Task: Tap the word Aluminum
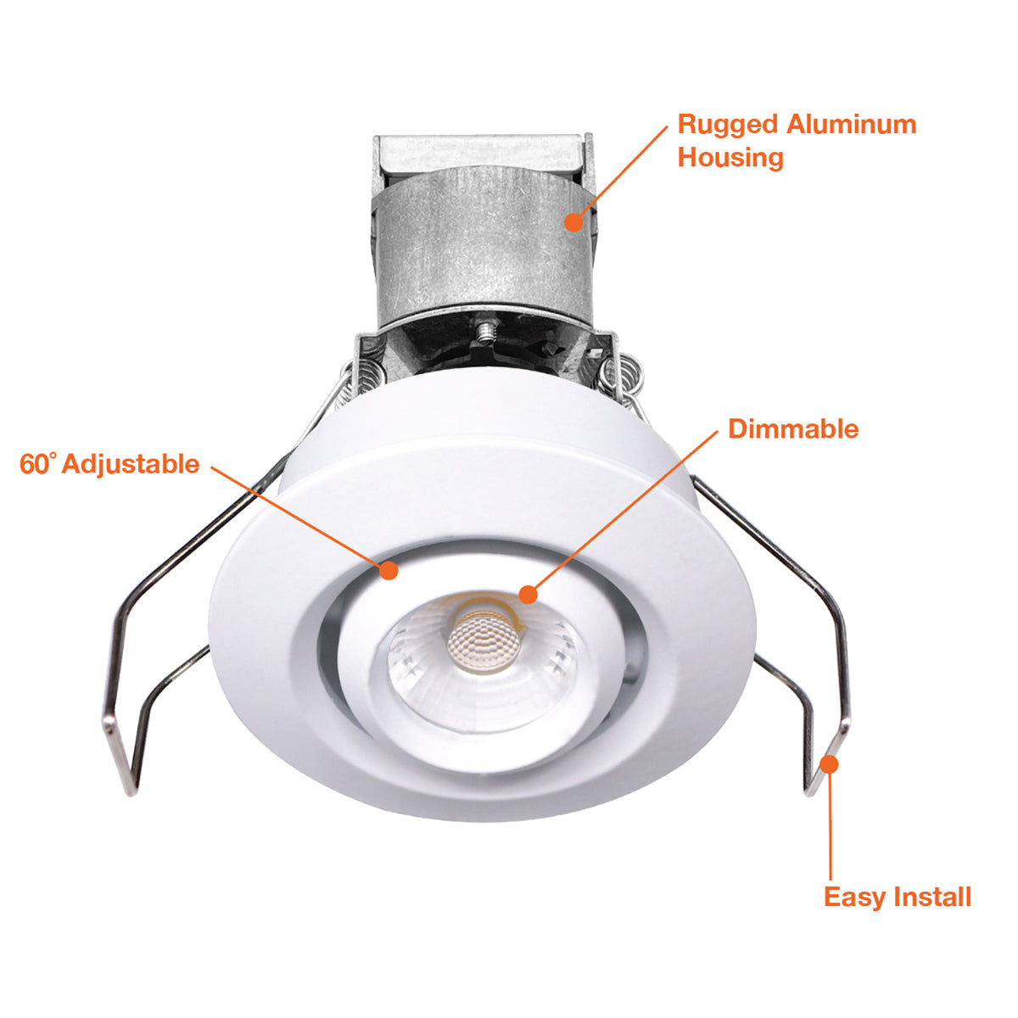tap(851, 125)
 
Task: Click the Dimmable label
tap(793, 429)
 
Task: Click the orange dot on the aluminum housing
tap(573, 222)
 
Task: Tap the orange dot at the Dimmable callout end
tap(528, 595)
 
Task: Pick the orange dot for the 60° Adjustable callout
tap(389, 570)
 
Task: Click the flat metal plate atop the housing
tap(483, 154)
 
